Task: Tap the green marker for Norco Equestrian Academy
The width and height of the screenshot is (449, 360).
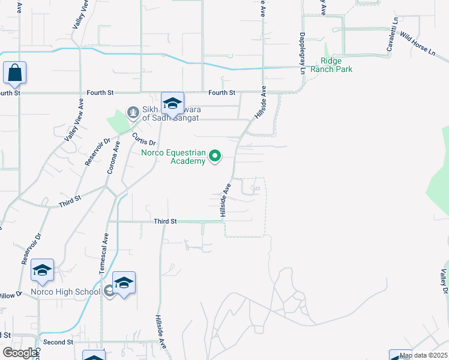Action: point(215,157)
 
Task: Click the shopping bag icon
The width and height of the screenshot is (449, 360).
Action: point(14,73)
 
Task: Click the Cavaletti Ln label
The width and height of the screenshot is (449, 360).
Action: point(392,37)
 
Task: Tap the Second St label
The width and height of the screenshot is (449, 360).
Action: point(58,342)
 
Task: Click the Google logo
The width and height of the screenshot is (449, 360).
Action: point(19,353)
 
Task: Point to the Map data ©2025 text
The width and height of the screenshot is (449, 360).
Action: point(423,355)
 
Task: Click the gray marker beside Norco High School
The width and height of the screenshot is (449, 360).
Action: point(109,292)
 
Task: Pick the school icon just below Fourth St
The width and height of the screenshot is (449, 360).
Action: point(172,104)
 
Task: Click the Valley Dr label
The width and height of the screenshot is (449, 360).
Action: point(444,281)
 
